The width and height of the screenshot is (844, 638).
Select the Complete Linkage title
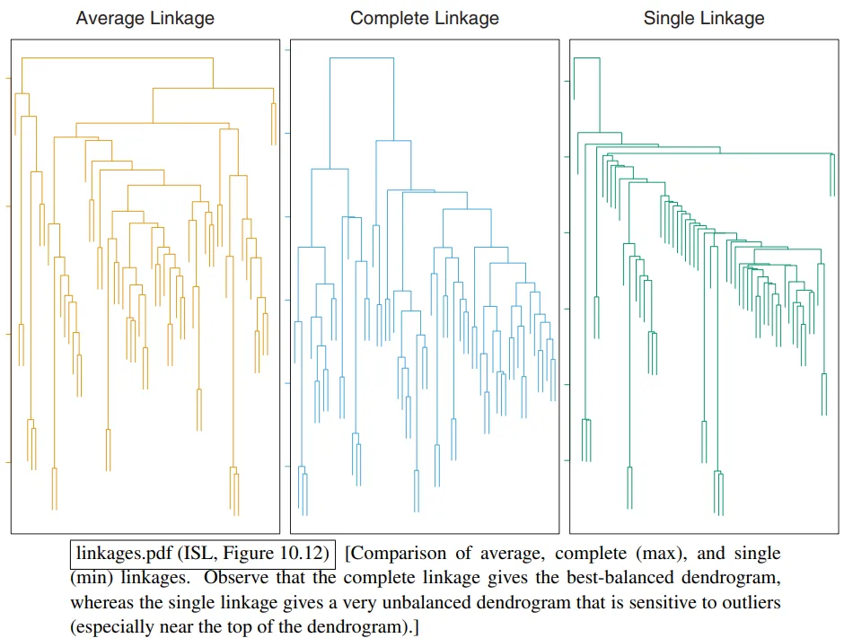pos(424,18)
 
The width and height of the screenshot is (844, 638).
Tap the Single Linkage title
pos(703,18)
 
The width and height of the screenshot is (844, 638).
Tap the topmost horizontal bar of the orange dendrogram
pos(118,57)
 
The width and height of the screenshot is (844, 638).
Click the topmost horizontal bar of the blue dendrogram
pos(362,57)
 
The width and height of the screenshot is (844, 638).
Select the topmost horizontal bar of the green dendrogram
pos(586,57)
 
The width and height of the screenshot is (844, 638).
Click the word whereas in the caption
pos(102,601)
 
